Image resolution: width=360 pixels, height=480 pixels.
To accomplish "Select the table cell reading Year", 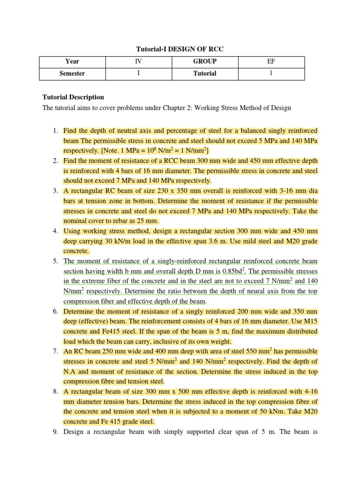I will [73, 61].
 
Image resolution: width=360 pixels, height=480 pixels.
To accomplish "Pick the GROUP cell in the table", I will [205, 61].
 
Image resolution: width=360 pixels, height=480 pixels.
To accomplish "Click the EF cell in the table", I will [271, 61].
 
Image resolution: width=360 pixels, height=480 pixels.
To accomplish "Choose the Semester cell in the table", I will [73, 74].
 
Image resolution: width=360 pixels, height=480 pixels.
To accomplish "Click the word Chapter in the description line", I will [175, 108].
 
